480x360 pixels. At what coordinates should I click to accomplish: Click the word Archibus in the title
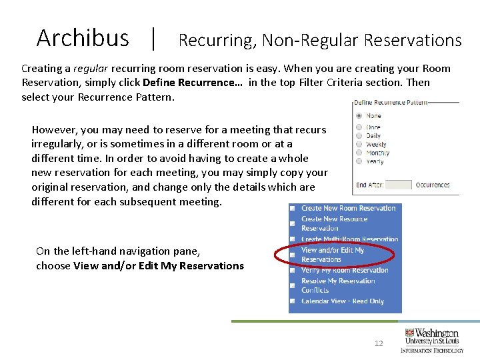coord(83,38)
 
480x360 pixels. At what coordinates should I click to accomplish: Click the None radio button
coord(359,116)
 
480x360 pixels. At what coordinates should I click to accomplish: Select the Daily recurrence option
coord(359,135)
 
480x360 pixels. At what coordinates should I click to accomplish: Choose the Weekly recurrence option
coord(359,144)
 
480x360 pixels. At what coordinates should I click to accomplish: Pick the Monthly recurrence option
coord(359,153)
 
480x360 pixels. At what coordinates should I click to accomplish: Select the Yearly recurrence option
coord(359,161)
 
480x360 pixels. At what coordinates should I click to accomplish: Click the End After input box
coord(399,185)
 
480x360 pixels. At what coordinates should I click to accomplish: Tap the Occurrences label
coord(433,185)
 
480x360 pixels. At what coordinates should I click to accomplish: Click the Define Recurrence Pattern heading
coord(391,102)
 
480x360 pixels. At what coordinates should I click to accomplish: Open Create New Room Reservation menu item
coord(348,208)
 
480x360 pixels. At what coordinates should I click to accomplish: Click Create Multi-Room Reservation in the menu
coord(349,239)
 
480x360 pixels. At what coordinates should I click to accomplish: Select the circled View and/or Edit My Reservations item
coord(333,255)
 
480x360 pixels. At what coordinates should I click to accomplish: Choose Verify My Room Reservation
coord(344,270)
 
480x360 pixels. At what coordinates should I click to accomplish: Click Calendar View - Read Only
coord(342,301)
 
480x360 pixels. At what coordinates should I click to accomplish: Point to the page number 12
coord(379,343)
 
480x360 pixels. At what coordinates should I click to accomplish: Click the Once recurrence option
coord(359,127)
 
